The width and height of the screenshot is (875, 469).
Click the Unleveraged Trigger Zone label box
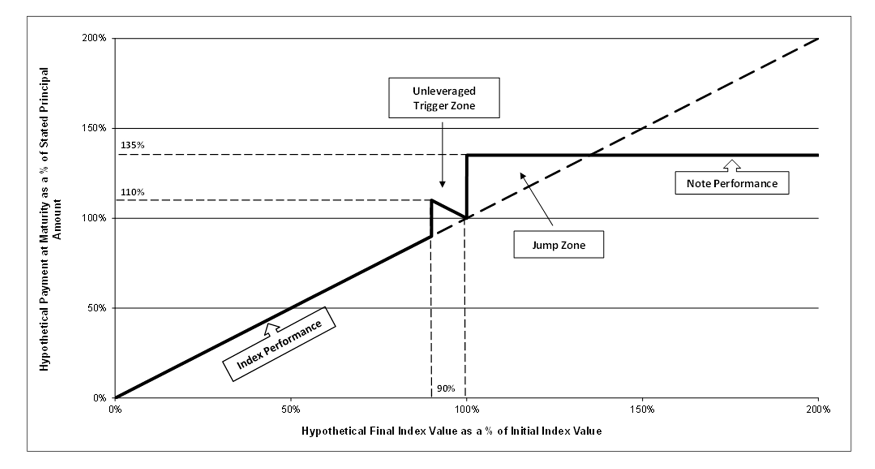point(444,98)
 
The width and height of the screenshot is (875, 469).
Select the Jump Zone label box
point(559,245)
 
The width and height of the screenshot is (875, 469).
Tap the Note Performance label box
point(732,183)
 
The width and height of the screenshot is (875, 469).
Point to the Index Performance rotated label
point(279,344)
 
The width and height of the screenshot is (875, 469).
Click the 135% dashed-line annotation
point(132,145)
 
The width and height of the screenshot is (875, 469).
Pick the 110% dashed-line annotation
point(132,192)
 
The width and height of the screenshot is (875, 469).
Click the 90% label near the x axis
point(446,388)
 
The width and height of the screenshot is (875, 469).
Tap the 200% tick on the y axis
point(94,38)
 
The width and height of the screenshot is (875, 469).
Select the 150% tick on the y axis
point(94,128)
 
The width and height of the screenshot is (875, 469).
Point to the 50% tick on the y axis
point(96,308)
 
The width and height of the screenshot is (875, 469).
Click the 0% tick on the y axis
point(99,398)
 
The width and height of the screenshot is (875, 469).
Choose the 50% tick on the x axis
point(290,410)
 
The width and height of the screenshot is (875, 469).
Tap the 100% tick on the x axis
point(466,410)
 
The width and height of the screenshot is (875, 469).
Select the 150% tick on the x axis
point(642,410)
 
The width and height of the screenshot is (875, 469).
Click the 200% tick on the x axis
point(818,410)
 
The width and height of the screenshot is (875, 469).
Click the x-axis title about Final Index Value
point(451,431)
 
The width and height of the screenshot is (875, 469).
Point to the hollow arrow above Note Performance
point(732,165)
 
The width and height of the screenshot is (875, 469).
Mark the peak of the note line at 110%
point(431,200)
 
